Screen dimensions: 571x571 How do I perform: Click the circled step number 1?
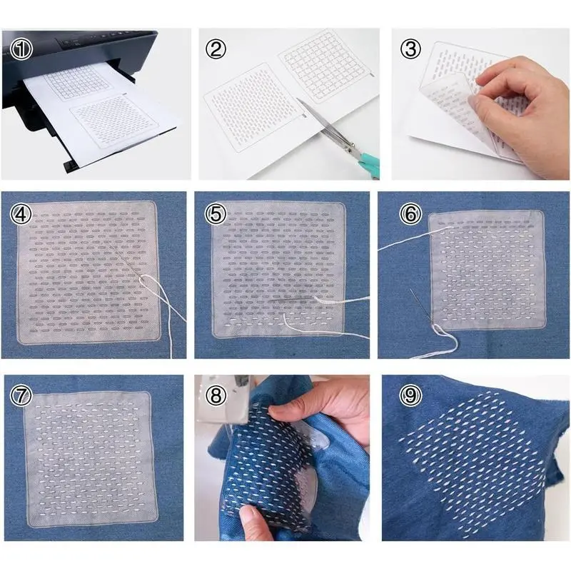click(x=21, y=49)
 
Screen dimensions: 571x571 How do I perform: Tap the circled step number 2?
click(x=216, y=49)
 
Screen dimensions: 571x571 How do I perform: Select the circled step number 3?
click(x=410, y=49)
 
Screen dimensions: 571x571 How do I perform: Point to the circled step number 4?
click(x=21, y=214)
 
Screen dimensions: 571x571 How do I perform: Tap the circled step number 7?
click(x=21, y=396)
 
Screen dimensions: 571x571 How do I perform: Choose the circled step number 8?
click(x=216, y=395)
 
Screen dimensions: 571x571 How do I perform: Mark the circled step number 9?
click(x=410, y=395)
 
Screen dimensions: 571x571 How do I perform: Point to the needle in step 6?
click(x=421, y=306)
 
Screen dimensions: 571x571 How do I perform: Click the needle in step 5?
click(x=291, y=299)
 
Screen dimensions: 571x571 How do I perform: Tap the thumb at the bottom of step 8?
click(x=254, y=521)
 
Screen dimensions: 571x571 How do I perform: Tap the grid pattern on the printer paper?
click(x=79, y=82)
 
